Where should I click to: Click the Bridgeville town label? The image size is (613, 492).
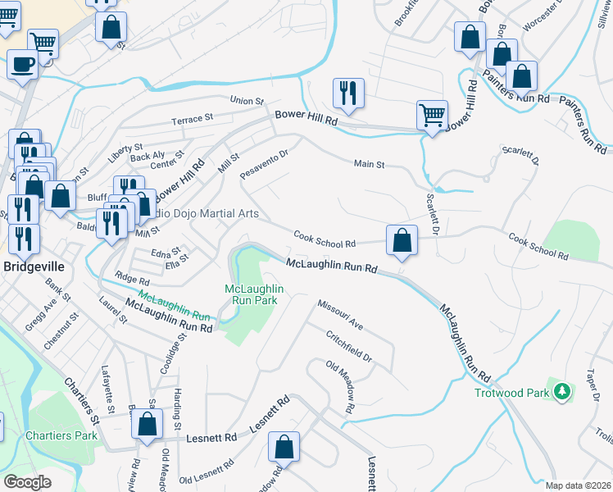[33, 267]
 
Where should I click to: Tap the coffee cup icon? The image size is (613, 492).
[22, 64]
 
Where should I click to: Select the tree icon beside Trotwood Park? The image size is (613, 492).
[561, 392]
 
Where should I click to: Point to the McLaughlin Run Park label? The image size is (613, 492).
[254, 294]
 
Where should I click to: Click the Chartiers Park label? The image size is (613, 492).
[61, 435]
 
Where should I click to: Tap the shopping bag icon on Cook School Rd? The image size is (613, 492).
[402, 241]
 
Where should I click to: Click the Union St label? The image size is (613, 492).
[247, 101]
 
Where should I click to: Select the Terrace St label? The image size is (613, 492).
[192, 120]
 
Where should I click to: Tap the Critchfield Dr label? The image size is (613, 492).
[348, 348]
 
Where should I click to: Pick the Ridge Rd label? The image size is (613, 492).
[132, 280]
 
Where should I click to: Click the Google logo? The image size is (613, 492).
[29, 481]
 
